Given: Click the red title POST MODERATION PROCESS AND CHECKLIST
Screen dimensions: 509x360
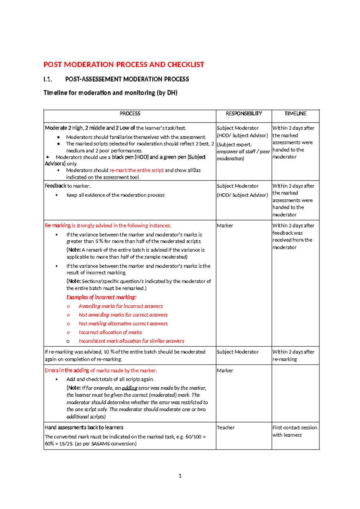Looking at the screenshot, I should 124,65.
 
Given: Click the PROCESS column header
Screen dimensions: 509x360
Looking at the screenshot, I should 130,113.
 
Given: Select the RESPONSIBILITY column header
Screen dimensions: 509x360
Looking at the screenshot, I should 244,113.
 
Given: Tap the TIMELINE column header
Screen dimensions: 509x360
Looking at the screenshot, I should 295,113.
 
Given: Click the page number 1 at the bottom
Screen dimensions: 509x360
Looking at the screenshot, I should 180,476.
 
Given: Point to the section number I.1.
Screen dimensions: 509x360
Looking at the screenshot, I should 48,79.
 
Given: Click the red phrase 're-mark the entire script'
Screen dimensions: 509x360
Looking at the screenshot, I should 136,170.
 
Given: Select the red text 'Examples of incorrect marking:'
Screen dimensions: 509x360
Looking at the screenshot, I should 101,297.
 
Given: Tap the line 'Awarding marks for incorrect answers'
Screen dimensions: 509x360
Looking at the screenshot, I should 121,306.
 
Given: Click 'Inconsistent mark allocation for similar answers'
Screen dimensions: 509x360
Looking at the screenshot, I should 131,341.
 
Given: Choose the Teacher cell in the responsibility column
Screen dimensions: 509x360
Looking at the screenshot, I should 226,427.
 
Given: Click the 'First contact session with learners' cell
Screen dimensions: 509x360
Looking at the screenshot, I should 294,431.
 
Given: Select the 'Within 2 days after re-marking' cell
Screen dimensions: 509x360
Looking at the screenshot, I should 293,355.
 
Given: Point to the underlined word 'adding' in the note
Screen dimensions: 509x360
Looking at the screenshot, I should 129,388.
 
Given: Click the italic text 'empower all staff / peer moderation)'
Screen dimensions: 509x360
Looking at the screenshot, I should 243,155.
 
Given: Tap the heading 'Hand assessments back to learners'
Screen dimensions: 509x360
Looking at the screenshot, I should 84,427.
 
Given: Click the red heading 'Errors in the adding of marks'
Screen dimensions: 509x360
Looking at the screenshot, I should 100,370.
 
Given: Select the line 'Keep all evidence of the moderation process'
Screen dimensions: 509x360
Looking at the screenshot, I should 115,195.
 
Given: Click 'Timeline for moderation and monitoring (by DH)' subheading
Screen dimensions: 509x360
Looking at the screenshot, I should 110,93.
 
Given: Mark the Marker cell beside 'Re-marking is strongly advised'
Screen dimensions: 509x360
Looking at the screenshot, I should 225,225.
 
